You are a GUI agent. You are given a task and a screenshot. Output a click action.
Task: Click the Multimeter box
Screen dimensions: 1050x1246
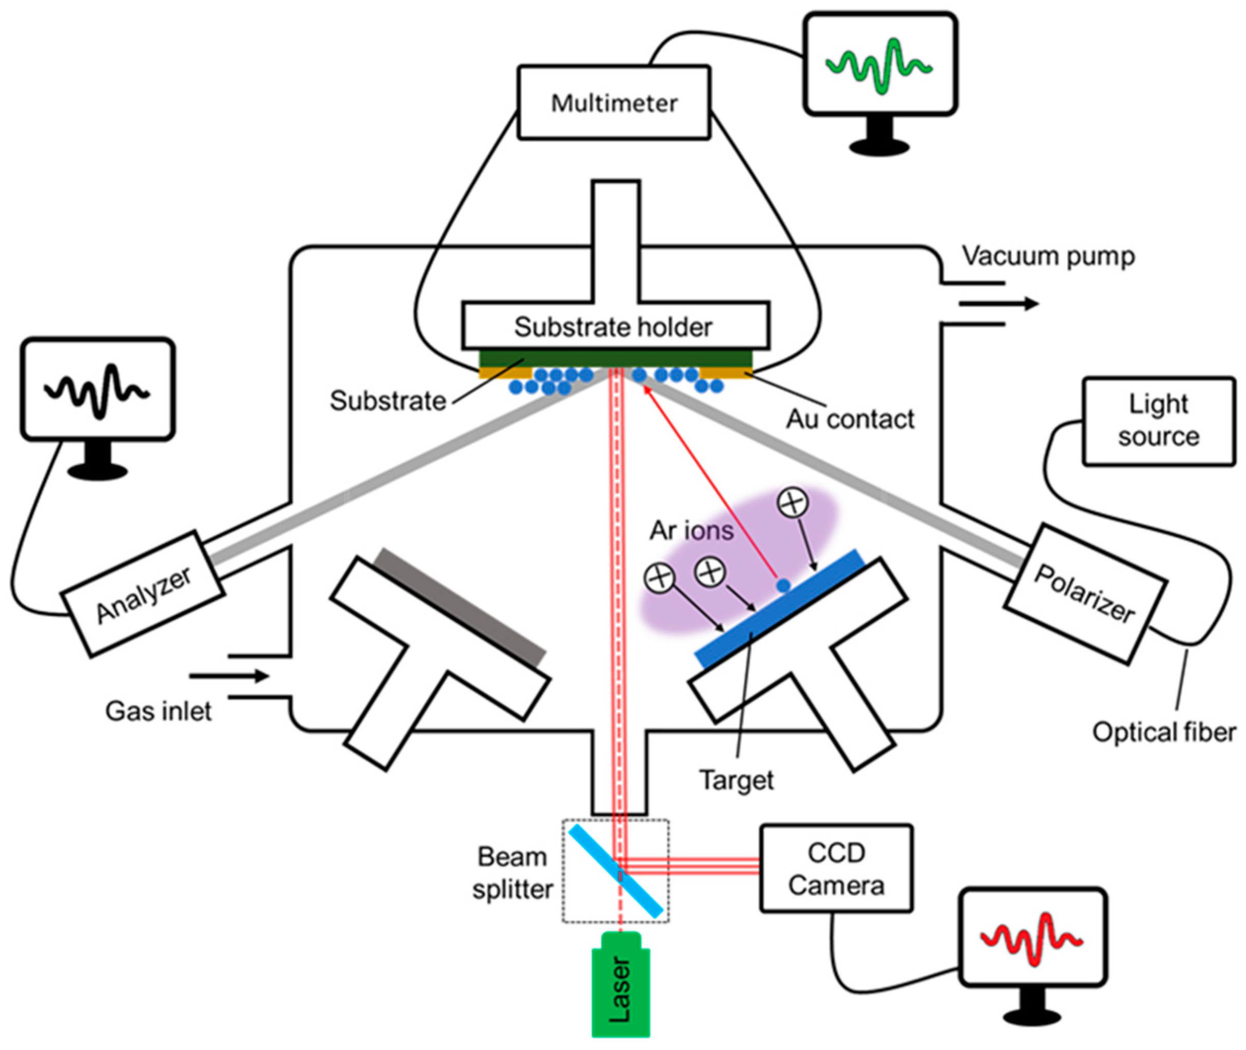[614, 103]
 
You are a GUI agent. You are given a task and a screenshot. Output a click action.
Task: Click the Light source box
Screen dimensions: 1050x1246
[1158, 420]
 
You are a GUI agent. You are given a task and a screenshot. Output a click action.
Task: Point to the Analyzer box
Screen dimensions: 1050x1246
[143, 593]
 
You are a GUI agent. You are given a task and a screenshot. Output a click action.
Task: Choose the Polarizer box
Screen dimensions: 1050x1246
[1084, 593]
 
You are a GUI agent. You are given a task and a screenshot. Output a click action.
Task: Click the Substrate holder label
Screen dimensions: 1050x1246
[614, 326]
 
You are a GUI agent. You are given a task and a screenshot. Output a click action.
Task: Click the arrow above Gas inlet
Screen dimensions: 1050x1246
[229, 676]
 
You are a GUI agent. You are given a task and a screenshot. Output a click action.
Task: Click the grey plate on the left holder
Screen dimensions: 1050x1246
[460, 607]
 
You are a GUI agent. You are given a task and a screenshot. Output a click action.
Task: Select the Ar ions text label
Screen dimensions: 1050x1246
[691, 530]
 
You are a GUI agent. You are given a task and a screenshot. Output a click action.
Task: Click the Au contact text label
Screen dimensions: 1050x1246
[850, 419]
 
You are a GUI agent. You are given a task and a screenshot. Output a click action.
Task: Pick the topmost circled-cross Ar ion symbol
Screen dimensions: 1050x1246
[793, 503]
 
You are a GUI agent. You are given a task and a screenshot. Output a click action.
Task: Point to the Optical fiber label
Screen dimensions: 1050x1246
[1164, 732]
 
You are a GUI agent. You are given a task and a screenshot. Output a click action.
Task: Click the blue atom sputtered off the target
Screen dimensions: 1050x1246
[783, 586]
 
